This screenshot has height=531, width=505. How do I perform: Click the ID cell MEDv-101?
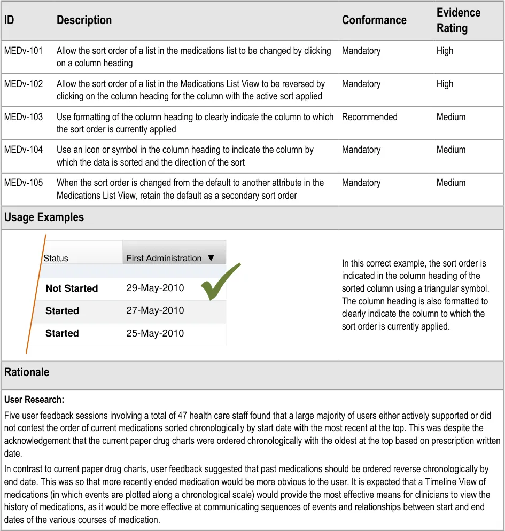click(24, 51)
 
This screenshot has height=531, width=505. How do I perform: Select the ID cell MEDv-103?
click(24, 117)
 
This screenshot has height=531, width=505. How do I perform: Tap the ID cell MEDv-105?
click(24, 183)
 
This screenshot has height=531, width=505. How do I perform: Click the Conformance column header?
click(374, 20)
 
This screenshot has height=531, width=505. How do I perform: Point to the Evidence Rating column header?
click(458, 20)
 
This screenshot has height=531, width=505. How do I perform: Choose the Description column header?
click(84, 20)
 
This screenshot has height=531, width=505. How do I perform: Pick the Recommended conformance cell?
click(369, 117)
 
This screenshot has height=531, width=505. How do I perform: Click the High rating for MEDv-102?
click(445, 84)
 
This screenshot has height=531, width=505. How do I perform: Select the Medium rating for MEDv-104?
click(451, 150)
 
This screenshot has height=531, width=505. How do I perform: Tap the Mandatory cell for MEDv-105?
click(361, 183)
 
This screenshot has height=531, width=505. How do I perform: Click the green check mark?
click(219, 282)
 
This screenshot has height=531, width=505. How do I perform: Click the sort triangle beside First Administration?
click(211, 258)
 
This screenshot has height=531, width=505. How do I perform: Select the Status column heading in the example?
click(56, 259)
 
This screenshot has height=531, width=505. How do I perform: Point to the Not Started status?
click(72, 288)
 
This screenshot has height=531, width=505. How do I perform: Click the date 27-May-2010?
click(155, 310)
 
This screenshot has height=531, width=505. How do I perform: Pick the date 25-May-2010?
click(155, 333)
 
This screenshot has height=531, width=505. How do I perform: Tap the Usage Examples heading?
click(44, 217)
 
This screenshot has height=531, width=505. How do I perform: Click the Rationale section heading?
click(27, 372)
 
